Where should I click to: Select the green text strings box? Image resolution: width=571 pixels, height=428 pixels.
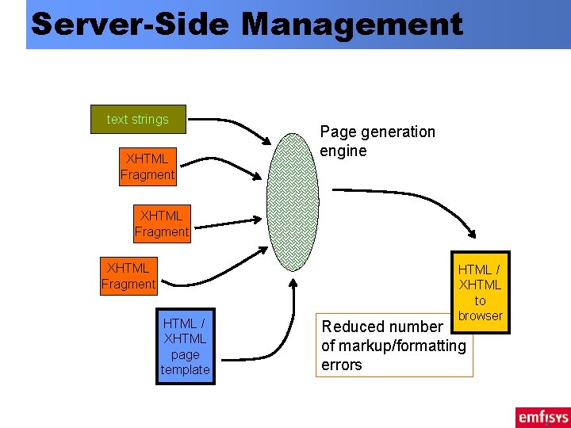(138, 119)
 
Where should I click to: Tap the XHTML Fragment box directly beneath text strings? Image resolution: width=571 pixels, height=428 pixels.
(148, 166)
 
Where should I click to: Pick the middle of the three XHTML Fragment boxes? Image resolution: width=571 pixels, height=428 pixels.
(162, 224)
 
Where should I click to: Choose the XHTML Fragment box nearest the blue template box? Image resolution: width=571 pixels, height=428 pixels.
(128, 276)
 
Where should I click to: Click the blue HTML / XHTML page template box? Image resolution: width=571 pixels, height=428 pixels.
(186, 346)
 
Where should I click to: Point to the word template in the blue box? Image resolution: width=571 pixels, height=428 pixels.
(186, 369)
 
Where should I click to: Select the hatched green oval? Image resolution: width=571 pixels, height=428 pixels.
(293, 204)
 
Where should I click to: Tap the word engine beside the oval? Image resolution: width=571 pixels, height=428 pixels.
(343, 151)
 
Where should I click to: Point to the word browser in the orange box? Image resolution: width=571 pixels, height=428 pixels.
(480, 315)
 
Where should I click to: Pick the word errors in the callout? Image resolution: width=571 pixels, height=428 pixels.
(341, 365)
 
